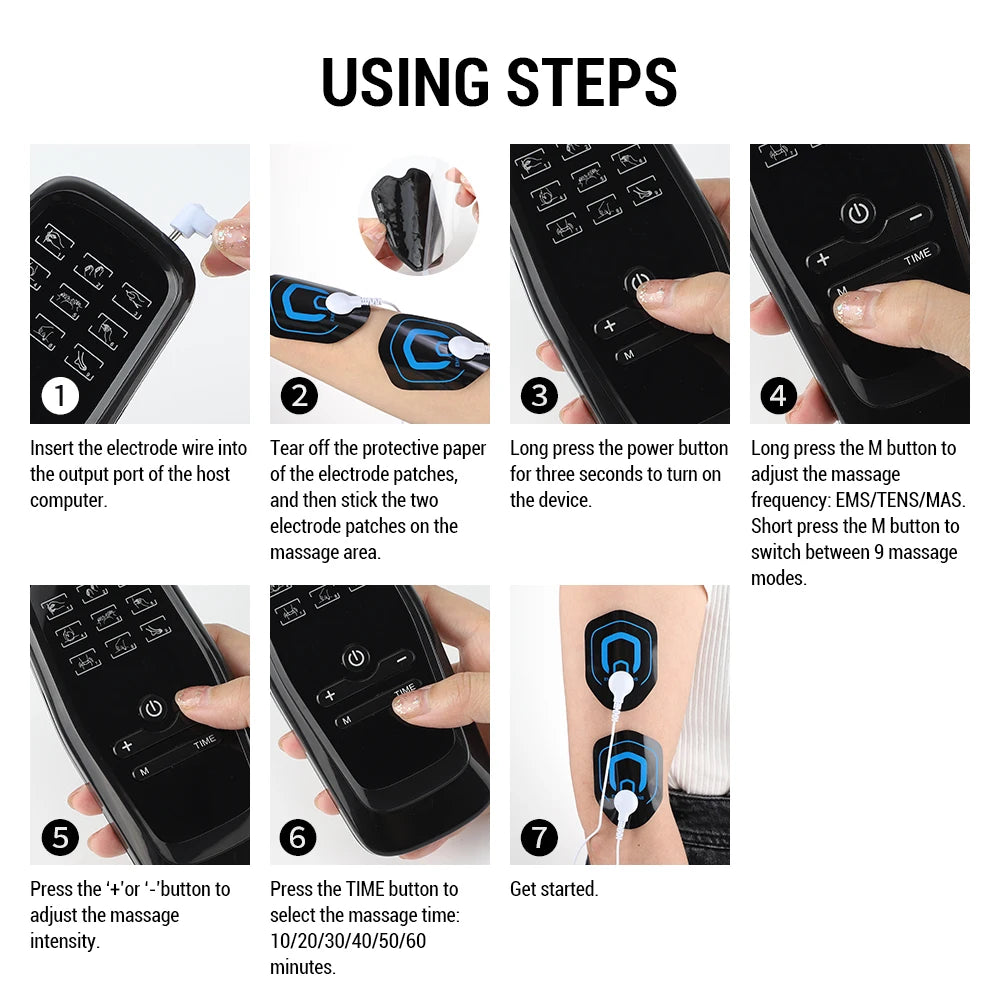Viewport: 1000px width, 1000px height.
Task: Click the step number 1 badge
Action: [x=60, y=396]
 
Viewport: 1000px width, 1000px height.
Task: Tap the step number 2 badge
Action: [x=299, y=396]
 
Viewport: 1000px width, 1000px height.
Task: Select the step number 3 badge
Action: [x=539, y=396]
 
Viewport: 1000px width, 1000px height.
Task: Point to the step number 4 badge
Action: [x=779, y=396]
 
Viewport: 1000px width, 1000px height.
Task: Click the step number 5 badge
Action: [x=60, y=836]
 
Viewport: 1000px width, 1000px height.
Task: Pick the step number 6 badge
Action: [x=299, y=836]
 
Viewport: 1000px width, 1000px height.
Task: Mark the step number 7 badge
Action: [x=539, y=836]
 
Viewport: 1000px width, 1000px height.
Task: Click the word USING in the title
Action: [x=406, y=83]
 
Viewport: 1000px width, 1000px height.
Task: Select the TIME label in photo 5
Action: [x=204, y=742]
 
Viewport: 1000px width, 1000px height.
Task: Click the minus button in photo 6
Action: [x=402, y=659]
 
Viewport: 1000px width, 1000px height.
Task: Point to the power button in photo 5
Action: [x=152, y=708]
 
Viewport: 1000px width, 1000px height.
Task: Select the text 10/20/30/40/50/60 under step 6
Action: [x=347, y=941]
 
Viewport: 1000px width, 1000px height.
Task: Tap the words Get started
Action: [x=554, y=889]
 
